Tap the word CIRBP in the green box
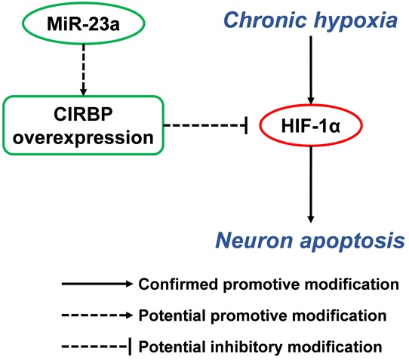click(83, 114)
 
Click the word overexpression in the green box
click(83, 137)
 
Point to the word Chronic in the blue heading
click(265, 20)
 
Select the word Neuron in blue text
click(254, 241)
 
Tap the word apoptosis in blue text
click(352, 242)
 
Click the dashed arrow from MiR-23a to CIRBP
click(84, 70)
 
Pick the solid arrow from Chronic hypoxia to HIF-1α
click(311, 70)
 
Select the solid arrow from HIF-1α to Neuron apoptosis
click(311, 184)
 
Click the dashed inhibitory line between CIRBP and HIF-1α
click(205, 125)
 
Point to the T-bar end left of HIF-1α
click(246, 125)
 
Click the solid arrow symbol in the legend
click(97, 284)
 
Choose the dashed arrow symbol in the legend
click(97, 315)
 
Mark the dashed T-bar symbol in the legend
click(97, 346)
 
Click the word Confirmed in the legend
click(178, 284)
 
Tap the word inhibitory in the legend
click(246, 347)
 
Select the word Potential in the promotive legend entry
click(172, 315)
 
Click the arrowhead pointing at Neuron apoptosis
click(311, 220)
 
